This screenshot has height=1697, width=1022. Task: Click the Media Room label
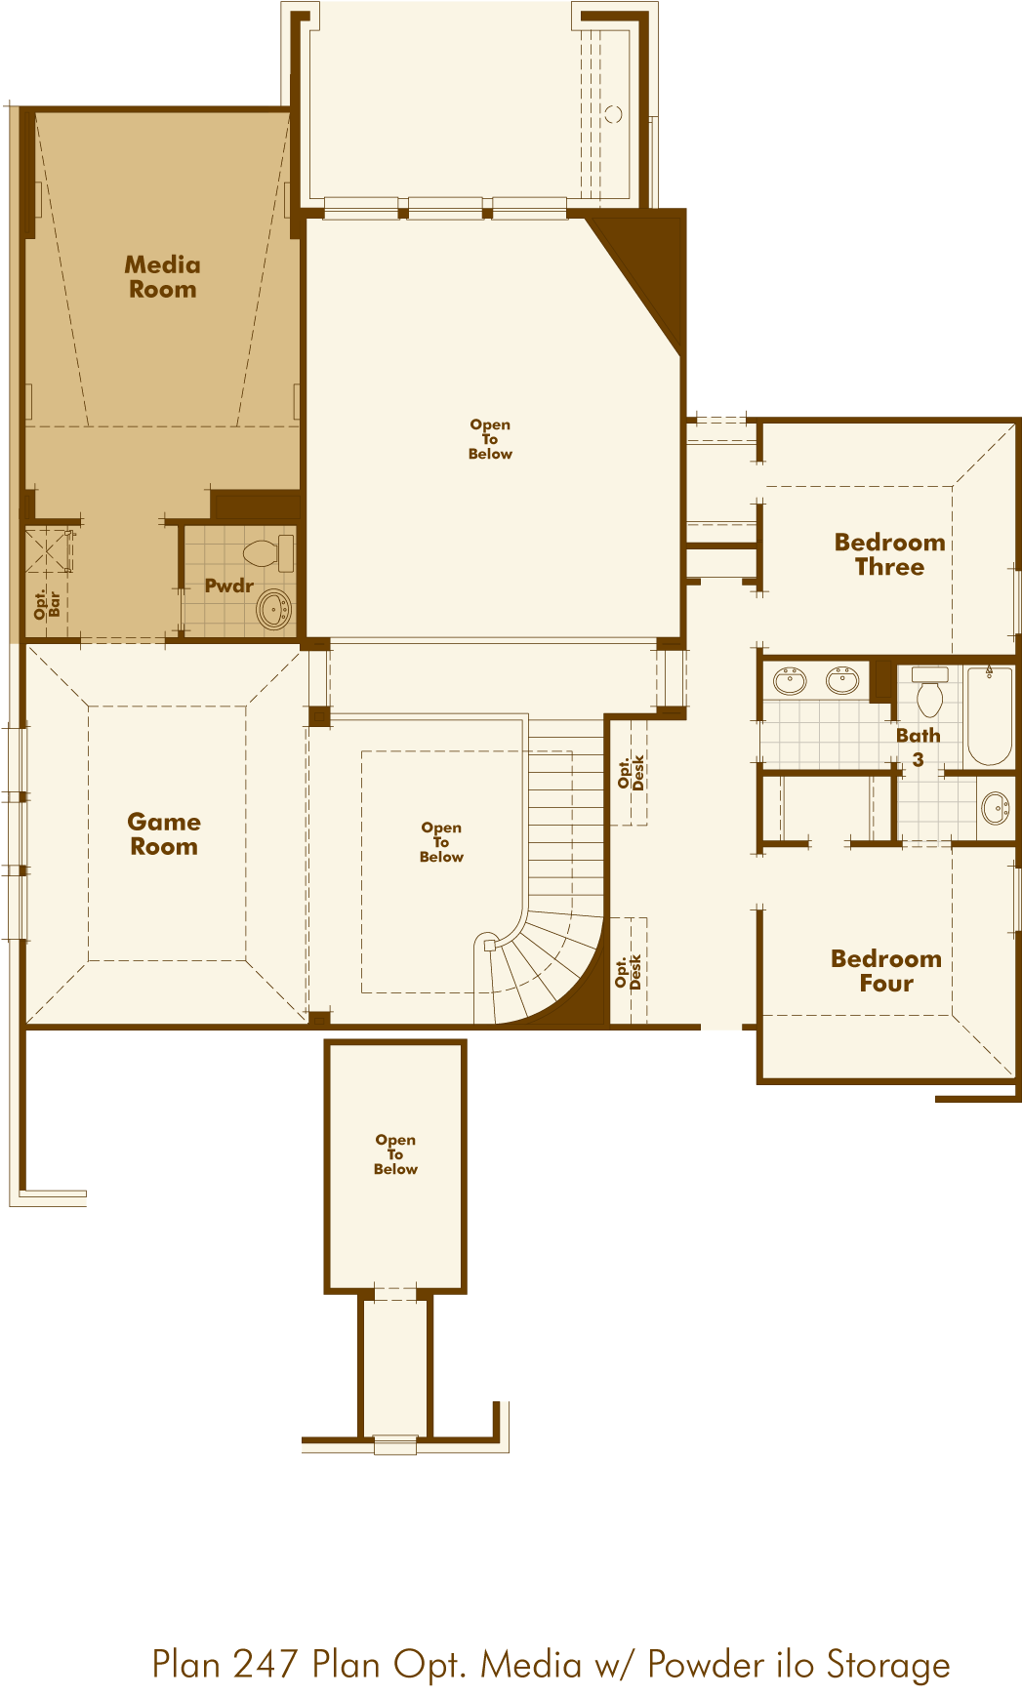tap(163, 277)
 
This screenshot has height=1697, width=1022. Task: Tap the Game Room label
tap(164, 834)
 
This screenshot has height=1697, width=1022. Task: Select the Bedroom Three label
tap(889, 554)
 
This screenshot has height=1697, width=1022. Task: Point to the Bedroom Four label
tap(886, 971)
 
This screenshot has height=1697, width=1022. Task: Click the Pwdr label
tap(229, 586)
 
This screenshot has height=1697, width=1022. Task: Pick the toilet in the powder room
tap(267, 553)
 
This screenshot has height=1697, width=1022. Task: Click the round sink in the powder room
tap(274, 610)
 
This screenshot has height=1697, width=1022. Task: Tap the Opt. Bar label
tap(47, 604)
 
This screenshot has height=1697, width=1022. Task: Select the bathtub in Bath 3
tap(989, 715)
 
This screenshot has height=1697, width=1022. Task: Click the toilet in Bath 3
tap(929, 690)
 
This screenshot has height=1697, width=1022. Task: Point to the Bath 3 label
tap(919, 747)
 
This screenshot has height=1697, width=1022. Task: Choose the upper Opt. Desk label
tap(631, 772)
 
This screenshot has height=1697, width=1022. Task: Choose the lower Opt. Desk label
tap(629, 972)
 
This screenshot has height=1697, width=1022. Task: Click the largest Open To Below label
tap(490, 439)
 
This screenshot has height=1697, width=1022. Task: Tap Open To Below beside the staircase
tap(441, 842)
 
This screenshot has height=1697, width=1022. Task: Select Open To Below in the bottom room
tap(395, 1154)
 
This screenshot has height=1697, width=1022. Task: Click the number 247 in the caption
tap(266, 1664)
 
